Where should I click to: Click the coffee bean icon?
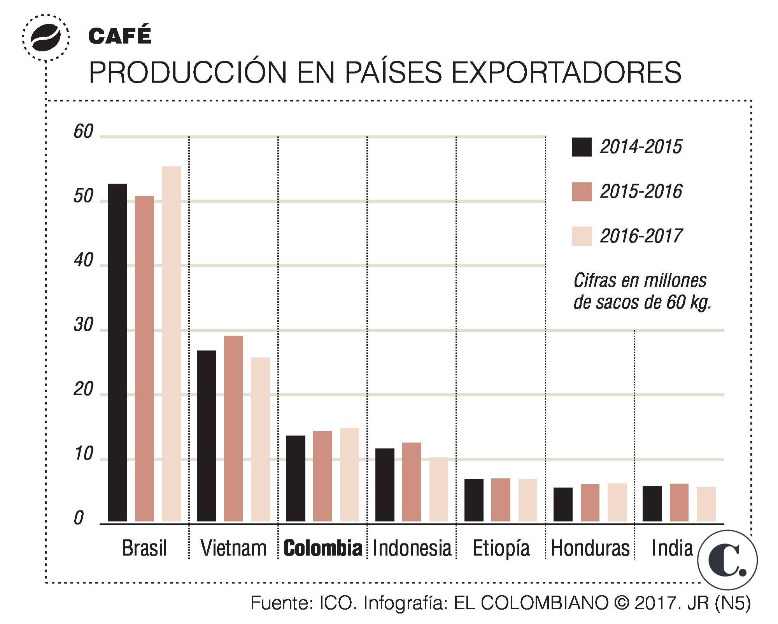tap(46, 38)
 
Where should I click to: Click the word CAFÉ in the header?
tap(119, 36)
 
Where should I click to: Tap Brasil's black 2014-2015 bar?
tap(117, 352)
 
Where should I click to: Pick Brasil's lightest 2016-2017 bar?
tap(171, 344)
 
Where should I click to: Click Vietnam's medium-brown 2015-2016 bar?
tap(233, 428)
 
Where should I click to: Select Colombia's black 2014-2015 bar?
tap(296, 478)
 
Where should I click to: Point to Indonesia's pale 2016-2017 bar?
tap(438, 489)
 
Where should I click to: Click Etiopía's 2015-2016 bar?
tap(501, 500)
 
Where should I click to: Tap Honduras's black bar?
tap(563, 504)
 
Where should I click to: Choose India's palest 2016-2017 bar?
tap(706, 504)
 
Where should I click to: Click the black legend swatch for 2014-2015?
tap(582, 147)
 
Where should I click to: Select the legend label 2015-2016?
tap(641, 191)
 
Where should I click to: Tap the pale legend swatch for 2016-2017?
tap(582, 236)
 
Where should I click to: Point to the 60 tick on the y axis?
tap(83, 132)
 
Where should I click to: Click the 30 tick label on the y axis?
tap(83, 325)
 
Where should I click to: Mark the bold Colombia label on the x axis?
tap(322, 548)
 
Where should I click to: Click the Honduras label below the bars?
tap(590, 548)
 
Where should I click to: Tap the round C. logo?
tap(727, 560)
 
